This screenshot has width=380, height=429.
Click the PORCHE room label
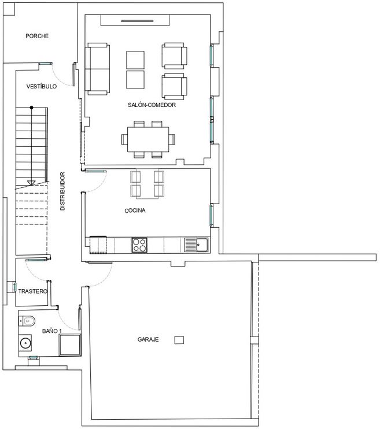tap(37, 36)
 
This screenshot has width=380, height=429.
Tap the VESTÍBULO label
tap(42, 87)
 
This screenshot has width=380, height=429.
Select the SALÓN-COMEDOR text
tap(152, 105)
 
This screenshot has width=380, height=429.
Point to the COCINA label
tap(135, 210)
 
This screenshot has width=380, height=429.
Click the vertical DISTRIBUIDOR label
tap(62, 191)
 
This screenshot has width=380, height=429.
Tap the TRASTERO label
tap(33, 291)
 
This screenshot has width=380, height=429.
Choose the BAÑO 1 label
tap(51, 331)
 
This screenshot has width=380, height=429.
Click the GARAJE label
tap(148, 339)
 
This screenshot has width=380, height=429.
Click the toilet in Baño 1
tap(27, 321)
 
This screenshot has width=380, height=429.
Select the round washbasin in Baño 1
tap(25, 342)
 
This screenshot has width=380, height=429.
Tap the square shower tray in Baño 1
tap(70, 345)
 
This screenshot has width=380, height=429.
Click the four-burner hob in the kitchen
tap(139, 245)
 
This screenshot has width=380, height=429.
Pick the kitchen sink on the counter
tap(196, 245)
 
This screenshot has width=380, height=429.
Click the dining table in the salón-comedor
tap(148, 139)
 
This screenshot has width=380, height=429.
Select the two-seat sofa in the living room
tap(97, 69)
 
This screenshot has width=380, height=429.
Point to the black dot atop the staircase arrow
tap(31, 108)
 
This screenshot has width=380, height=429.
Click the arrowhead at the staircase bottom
tap(31, 183)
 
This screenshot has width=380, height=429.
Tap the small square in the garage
tap(179, 340)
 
